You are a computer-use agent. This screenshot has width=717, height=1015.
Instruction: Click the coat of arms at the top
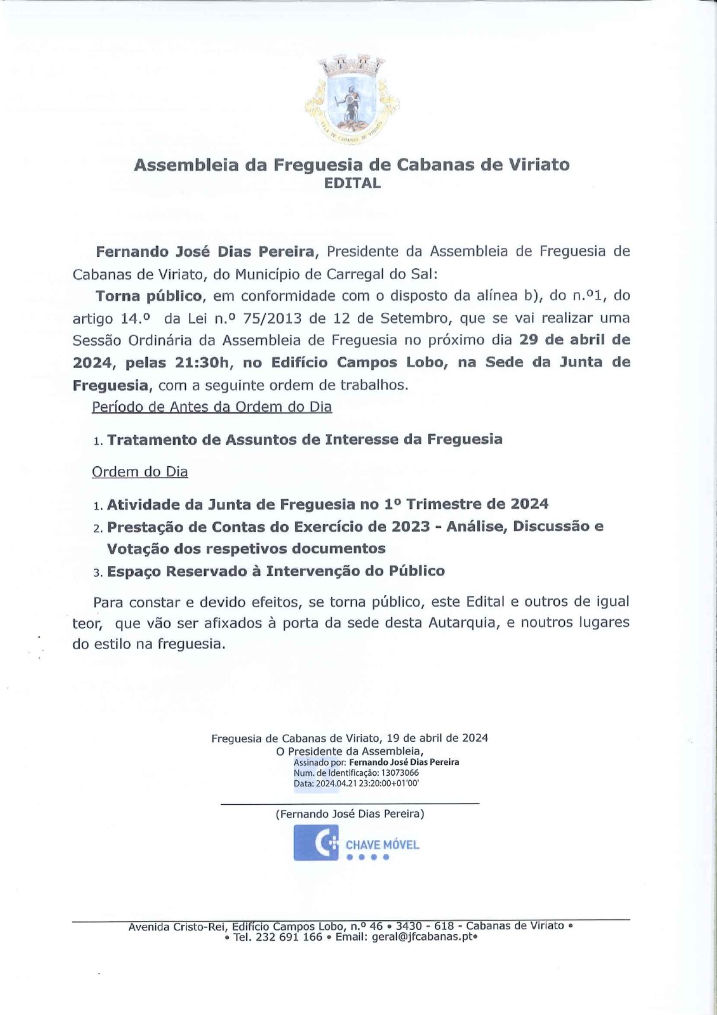click(x=351, y=98)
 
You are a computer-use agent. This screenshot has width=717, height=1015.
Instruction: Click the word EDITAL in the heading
click(x=352, y=183)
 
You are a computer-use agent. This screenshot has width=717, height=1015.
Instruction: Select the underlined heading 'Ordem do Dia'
click(x=139, y=472)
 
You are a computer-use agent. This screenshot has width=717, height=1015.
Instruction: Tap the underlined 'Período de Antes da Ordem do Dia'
click(x=212, y=407)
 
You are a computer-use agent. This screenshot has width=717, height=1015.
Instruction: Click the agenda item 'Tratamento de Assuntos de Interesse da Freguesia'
click(x=304, y=440)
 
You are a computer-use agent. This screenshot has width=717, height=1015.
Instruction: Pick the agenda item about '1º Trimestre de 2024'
click(x=327, y=504)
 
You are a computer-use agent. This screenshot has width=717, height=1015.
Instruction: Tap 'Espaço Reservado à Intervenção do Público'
click(x=276, y=571)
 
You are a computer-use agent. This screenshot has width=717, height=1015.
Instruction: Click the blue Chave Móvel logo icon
click(x=316, y=843)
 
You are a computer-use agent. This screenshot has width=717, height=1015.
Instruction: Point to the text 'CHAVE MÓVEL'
click(x=382, y=845)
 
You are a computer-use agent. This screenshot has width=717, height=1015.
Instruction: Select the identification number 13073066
click(x=399, y=773)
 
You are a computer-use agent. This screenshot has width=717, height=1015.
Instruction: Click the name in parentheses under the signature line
click(x=350, y=813)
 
